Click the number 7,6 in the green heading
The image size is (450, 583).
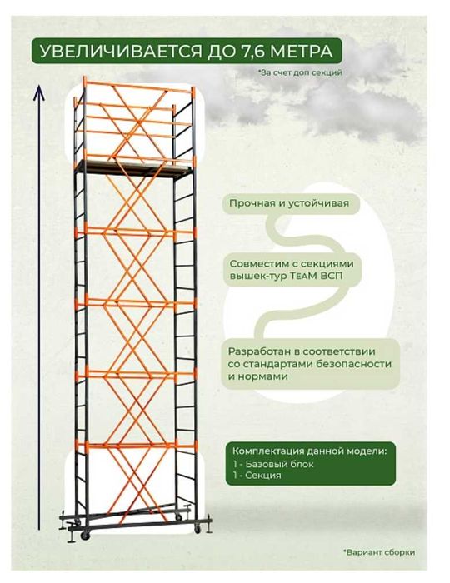pos(251,52)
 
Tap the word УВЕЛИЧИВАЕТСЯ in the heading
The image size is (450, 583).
pos(120,52)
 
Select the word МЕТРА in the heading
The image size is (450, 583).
pos(301,52)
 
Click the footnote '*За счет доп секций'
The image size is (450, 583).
pos(301,73)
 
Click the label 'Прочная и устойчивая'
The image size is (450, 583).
pos(289,203)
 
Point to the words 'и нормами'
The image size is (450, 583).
pos(252,376)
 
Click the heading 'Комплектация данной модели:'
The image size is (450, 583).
pos(309,451)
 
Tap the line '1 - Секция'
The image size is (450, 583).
pos(257,476)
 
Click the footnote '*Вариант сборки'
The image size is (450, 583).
pos(379,552)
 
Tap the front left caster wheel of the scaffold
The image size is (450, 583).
pos(86,535)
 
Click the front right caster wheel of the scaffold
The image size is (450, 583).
pos(197,528)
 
